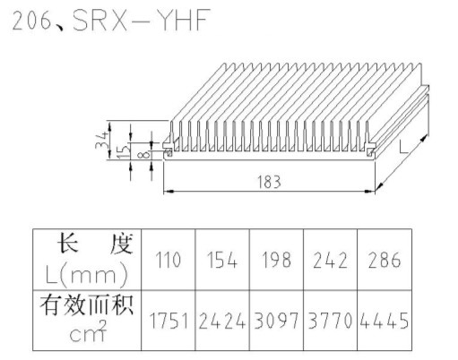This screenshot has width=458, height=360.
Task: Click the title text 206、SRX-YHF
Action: pos(111,20)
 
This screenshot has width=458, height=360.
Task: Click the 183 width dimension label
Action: pos(269,182)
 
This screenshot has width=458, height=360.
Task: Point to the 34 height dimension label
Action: pos(101,140)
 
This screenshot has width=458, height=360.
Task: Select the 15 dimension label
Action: pos(124,150)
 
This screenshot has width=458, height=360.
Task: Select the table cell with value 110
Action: pos(169,260)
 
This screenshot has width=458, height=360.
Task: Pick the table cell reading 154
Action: pos(222,260)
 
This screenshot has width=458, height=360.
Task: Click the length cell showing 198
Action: pos(276,260)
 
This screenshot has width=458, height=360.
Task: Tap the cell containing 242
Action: pos(330,260)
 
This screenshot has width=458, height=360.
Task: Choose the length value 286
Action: pos(385,260)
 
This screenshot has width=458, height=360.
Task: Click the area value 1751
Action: pos(169,321)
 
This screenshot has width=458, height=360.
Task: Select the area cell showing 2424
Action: pos(222,321)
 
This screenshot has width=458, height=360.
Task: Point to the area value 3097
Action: pos(276,321)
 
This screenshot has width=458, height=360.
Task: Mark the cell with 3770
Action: pos(330,321)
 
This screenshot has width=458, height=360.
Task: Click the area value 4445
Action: pos(385,321)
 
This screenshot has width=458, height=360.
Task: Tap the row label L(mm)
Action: pos(87,275)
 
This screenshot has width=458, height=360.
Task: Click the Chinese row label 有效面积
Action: pos(87,304)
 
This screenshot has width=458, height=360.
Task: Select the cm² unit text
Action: pos(88,331)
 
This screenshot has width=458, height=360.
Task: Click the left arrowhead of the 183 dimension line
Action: pos(169,191)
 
